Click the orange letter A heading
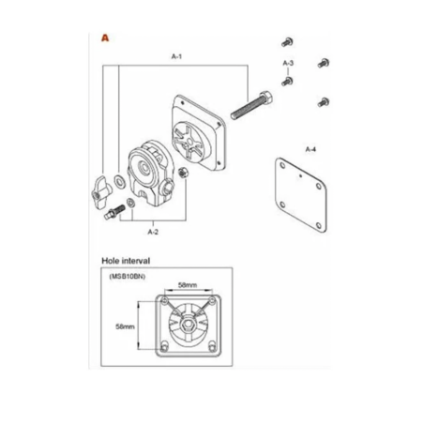point(105,38)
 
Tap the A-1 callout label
point(176,56)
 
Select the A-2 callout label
point(153,232)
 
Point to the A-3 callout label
point(288,63)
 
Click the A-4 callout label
point(310,149)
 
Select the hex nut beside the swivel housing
point(183,173)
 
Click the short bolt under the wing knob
point(114,212)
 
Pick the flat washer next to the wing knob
point(119,182)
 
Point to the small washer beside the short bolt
point(130,203)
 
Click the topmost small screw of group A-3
point(287,41)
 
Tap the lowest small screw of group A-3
point(324,102)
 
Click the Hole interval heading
point(126,261)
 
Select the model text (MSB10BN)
point(128,277)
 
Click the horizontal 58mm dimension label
point(188,285)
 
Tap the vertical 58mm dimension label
point(125,326)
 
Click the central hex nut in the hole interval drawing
point(188,325)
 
